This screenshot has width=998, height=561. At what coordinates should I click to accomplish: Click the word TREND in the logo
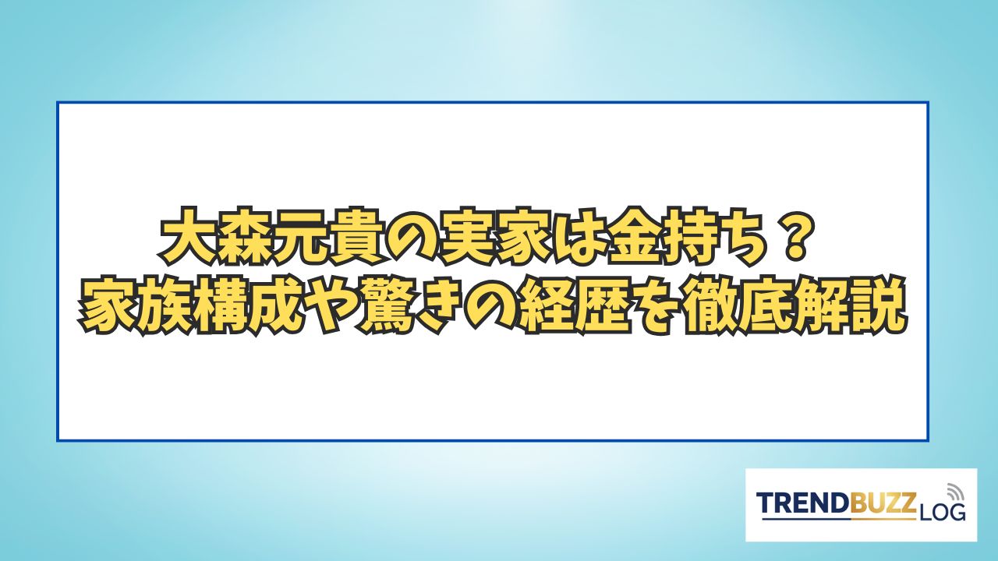[803, 503]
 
